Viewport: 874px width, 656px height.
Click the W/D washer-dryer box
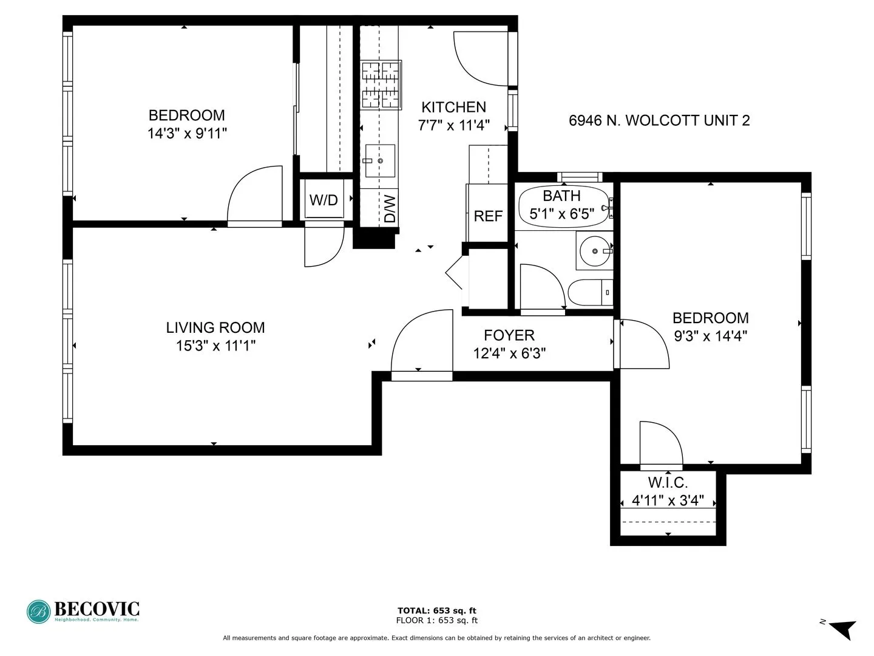coord(324,200)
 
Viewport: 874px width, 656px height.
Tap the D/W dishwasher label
coord(390,208)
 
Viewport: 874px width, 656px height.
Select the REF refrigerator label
coord(488,216)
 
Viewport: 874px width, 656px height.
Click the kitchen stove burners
coord(382,85)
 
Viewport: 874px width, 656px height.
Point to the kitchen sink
coord(380,160)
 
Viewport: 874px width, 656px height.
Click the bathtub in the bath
coord(563,206)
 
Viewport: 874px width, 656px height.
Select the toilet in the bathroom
coord(589,293)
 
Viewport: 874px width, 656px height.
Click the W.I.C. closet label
coord(668,483)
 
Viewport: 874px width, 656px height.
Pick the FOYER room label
coord(509,335)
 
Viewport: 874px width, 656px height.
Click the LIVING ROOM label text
coord(215,327)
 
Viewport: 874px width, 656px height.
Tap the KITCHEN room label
coord(454,107)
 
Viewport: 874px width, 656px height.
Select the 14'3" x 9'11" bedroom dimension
coord(187,133)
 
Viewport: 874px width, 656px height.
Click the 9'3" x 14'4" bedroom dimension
coord(711,335)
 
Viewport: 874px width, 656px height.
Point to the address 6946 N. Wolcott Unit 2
coord(659,120)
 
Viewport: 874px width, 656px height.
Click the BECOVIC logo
coord(83,611)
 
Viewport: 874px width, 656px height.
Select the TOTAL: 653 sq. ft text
coord(436,610)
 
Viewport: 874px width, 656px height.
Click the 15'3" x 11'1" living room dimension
coord(215,346)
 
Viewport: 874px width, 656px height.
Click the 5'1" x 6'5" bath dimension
coord(562,214)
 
